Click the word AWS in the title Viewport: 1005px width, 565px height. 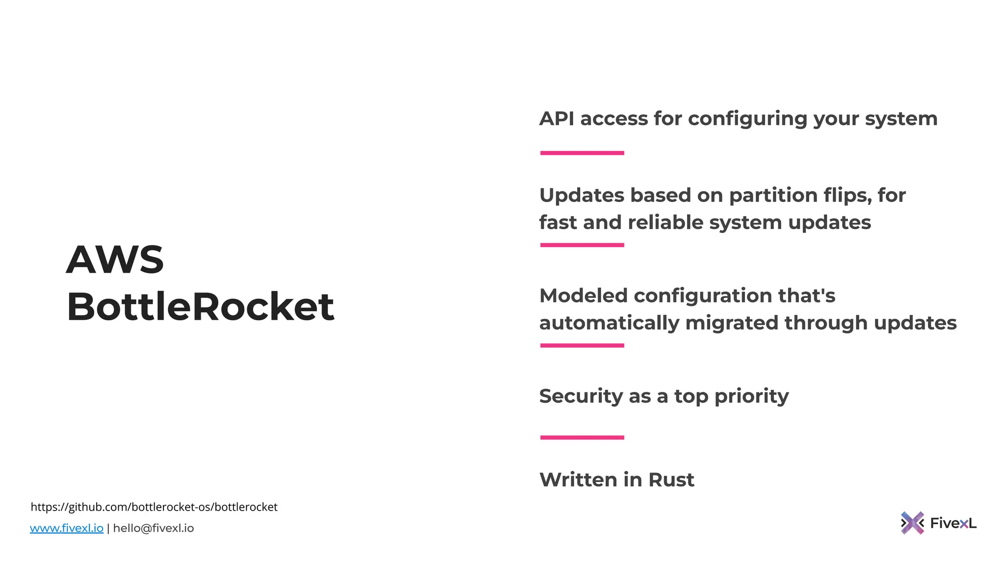[x=115, y=260]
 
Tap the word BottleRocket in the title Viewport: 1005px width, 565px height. [x=200, y=307]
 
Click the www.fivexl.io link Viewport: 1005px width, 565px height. [x=67, y=528]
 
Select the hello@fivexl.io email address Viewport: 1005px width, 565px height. [x=154, y=528]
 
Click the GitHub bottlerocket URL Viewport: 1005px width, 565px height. [x=154, y=507]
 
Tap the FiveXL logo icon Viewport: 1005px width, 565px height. [x=912, y=523]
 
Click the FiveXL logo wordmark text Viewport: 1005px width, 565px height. [x=953, y=523]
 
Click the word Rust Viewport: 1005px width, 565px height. [x=671, y=480]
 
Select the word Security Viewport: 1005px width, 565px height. [x=581, y=396]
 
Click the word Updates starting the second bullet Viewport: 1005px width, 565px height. [x=582, y=196]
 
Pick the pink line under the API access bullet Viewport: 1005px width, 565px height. [x=582, y=153]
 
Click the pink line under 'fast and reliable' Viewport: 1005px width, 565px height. [x=582, y=245]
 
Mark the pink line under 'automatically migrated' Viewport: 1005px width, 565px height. [x=582, y=346]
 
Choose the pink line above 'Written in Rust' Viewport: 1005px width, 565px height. [x=582, y=437]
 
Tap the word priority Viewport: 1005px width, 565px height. [x=751, y=397]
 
